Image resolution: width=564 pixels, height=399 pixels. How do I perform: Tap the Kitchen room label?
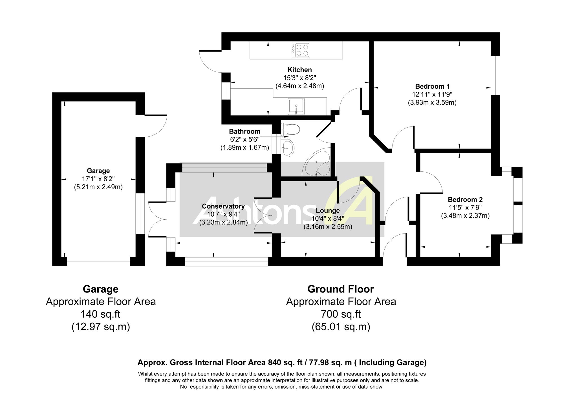299,70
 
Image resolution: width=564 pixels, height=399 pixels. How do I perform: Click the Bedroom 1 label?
432,86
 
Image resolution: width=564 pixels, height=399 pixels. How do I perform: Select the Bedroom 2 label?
465,200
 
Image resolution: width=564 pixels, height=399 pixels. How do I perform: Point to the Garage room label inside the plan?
98,171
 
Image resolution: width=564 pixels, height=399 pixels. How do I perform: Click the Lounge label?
328,211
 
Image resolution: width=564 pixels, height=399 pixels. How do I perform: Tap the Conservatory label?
223,206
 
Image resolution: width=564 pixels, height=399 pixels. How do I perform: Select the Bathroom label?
244,131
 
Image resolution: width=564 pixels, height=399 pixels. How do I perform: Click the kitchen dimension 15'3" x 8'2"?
299,78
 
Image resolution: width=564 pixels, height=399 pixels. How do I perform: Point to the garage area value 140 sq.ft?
101,314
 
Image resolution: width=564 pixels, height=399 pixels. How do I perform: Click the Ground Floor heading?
341,289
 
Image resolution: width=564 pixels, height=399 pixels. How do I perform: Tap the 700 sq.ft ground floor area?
341,314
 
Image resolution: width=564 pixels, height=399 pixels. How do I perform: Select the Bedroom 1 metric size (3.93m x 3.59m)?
432,103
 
